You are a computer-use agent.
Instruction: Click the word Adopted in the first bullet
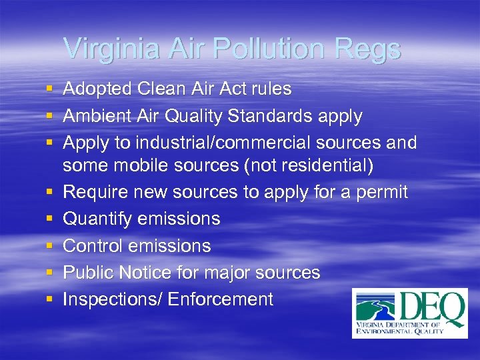pos(97,89)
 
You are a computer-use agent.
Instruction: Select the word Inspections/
pos(113,299)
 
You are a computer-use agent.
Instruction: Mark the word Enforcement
pos(221,299)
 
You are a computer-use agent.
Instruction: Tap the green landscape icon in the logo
pos(376,307)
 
